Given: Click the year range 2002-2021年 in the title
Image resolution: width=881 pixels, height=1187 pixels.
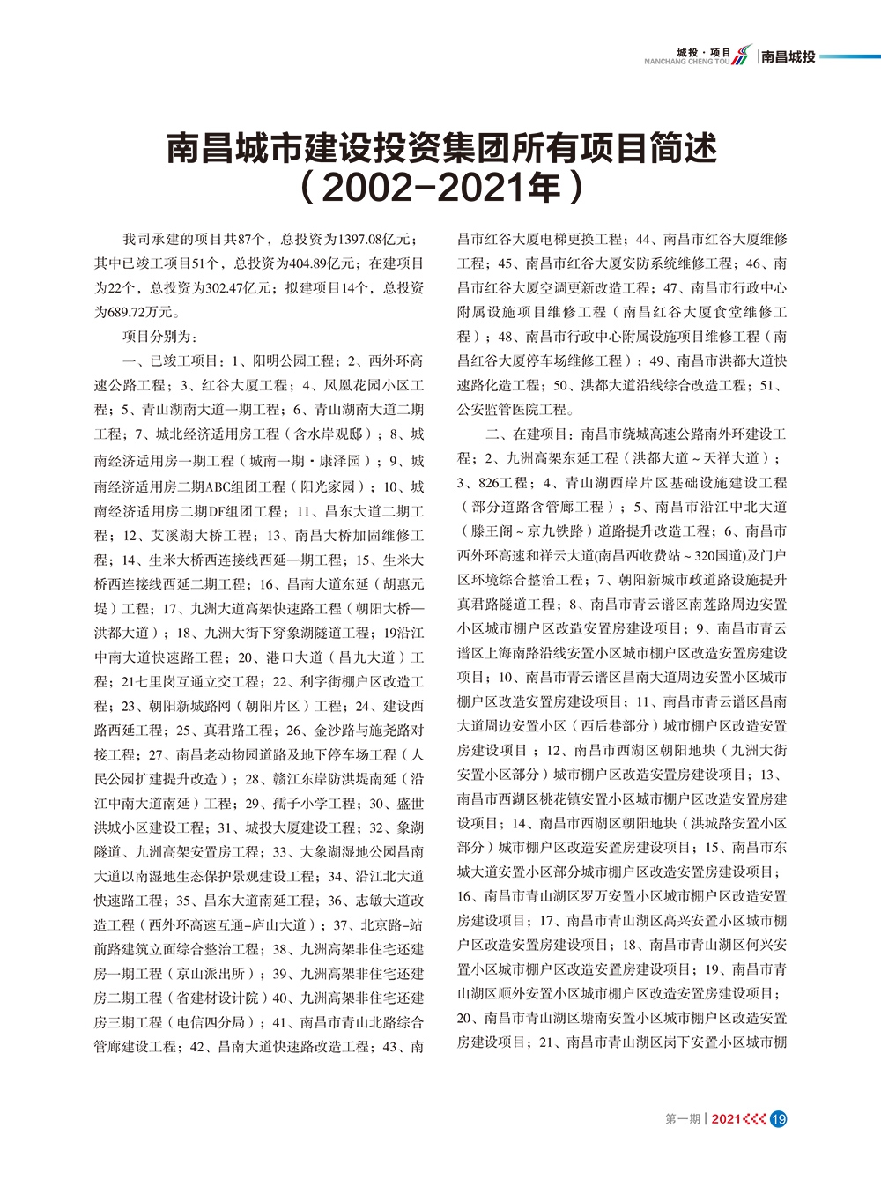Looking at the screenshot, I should point(440,188).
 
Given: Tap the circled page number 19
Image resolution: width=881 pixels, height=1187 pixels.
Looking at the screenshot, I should point(778,1119).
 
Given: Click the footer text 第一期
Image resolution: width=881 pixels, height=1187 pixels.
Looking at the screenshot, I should point(683,1119).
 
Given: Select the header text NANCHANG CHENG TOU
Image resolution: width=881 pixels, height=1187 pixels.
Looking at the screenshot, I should point(686,63).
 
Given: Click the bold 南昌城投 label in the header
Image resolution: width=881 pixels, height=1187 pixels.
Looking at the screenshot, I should point(788,56).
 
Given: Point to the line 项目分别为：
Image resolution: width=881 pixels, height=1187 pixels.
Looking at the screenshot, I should point(160,337).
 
